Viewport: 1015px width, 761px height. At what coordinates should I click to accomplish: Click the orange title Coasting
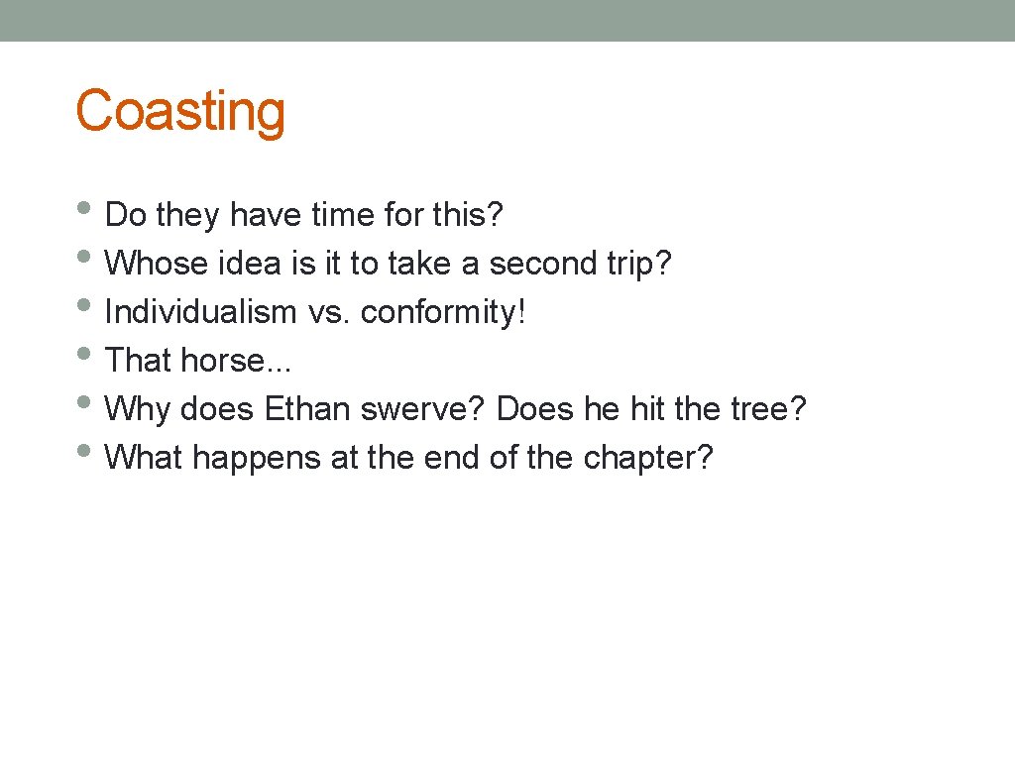(180, 111)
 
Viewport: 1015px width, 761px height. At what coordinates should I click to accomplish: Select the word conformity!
(443, 312)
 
